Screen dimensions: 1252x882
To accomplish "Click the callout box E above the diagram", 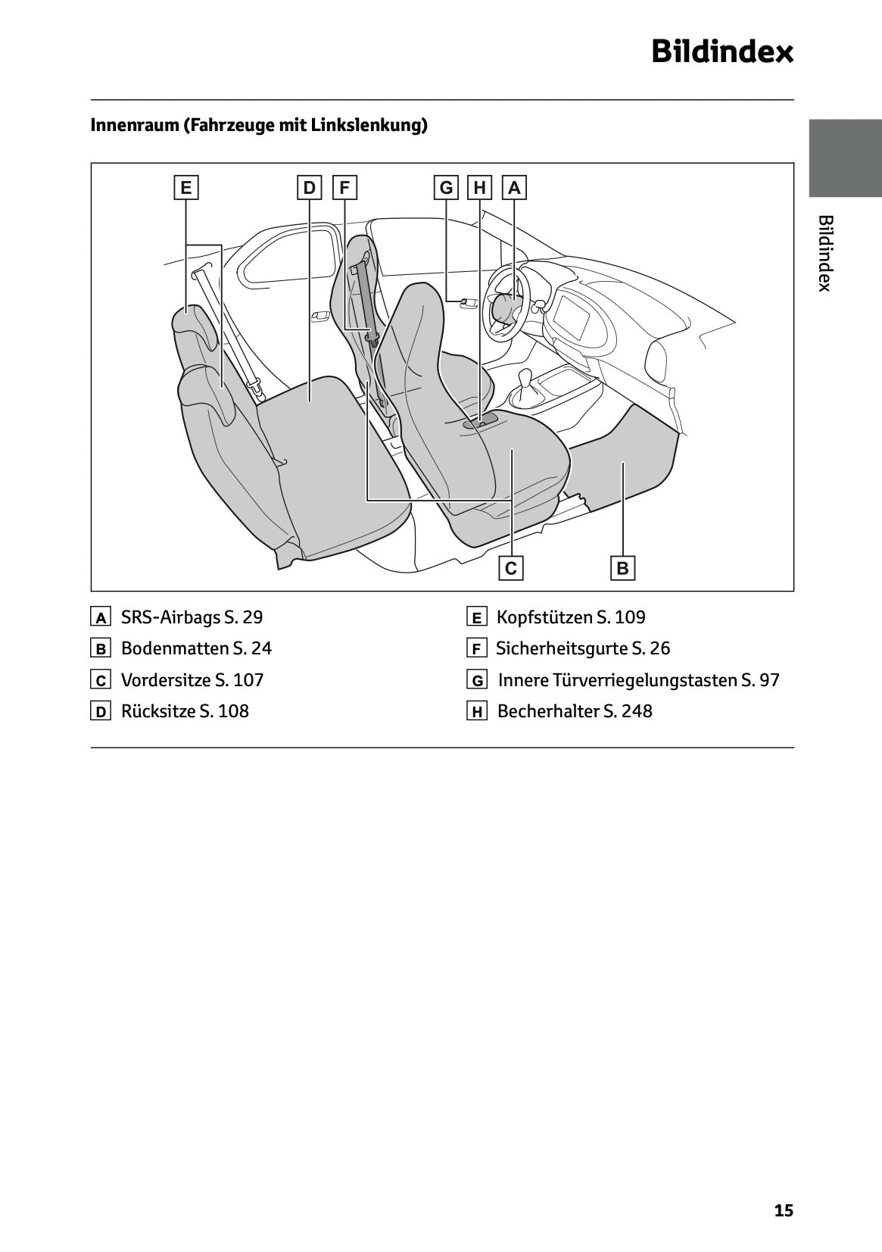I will pyautogui.click(x=185, y=187).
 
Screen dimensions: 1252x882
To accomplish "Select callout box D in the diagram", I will pyautogui.click(x=309, y=187).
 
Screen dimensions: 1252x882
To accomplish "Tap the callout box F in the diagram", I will pyautogui.click(x=344, y=187).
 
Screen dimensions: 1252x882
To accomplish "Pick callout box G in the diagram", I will pyautogui.click(x=446, y=187).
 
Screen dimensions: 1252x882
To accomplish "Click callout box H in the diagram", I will pyautogui.click(x=480, y=187).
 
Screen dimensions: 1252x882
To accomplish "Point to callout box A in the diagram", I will pyautogui.click(x=515, y=187).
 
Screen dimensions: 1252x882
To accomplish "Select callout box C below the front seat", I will pyautogui.click(x=511, y=568).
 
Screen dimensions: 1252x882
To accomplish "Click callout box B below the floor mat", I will pyautogui.click(x=622, y=568).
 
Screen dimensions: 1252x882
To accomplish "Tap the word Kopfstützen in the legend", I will pyautogui.click(x=544, y=617).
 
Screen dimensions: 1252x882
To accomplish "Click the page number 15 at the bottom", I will pyautogui.click(x=784, y=1210).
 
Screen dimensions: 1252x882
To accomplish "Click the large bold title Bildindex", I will pyautogui.click(x=722, y=52).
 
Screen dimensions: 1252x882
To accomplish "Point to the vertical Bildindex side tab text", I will pyautogui.click(x=825, y=253).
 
